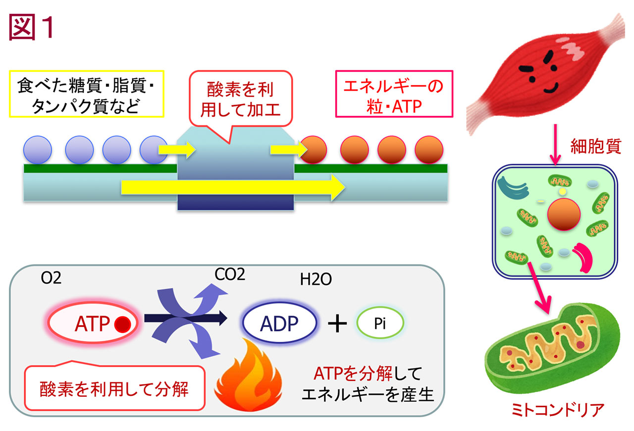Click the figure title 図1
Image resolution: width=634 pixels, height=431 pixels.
point(31,27)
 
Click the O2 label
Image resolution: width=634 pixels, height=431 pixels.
point(51,278)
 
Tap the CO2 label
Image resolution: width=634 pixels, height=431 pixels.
point(230,274)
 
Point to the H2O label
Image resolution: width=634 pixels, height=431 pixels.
point(316,279)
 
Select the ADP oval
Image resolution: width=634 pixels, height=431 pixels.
point(279,323)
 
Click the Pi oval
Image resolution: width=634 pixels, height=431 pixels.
point(380,323)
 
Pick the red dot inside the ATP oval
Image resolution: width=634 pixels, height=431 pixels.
point(122,324)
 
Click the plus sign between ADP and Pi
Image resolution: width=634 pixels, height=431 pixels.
point(337,323)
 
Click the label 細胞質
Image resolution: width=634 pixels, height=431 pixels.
point(595,146)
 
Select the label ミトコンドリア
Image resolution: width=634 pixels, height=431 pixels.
point(558,410)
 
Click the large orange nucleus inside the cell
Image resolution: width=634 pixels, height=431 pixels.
point(564,215)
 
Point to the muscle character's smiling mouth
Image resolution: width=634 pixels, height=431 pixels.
point(551,89)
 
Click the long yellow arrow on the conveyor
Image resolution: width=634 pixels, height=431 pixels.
point(233,187)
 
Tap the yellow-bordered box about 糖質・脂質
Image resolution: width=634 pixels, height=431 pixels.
point(87,94)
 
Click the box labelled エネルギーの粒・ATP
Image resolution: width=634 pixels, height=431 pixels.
point(394,94)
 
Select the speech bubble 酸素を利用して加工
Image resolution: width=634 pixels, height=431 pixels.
point(241,99)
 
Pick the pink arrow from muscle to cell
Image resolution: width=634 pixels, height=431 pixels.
point(555,145)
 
